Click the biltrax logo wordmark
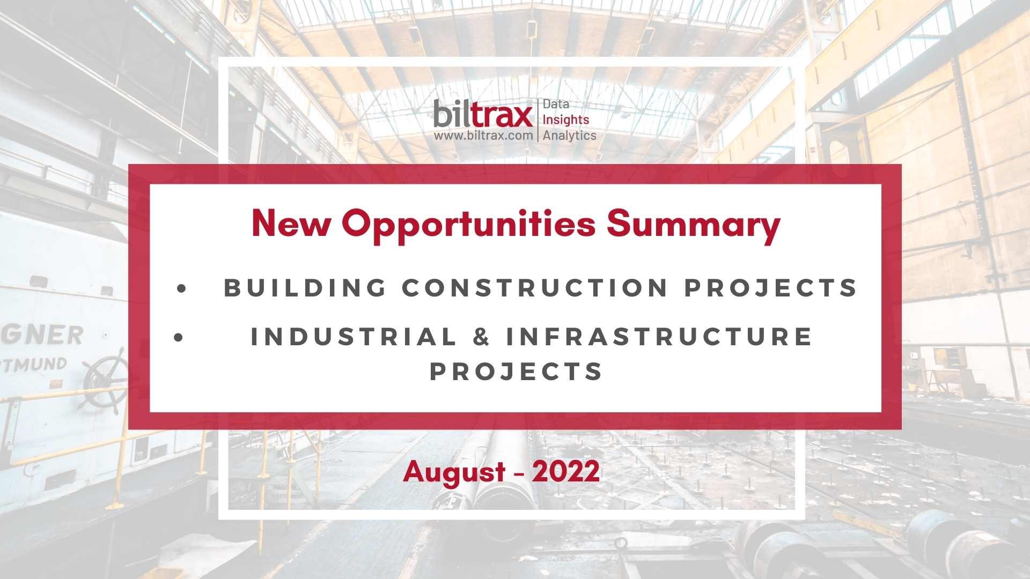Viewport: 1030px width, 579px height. [x=483, y=114]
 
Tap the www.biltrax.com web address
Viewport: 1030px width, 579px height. [x=483, y=136]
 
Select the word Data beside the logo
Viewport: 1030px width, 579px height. [x=556, y=104]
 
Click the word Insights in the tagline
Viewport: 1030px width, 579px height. [x=566, y=120]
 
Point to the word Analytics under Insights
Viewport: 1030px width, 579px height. [x=569, y=136]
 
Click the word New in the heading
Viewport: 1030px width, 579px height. [x=291, y=223]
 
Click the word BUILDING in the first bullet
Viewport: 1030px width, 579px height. [x=305, y=287]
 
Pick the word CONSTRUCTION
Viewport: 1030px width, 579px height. [x=535, y=287]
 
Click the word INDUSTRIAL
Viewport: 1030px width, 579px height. [x=354, y=337]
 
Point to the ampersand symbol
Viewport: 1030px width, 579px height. [x=482, y=337]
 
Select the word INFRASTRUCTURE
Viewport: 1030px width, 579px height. [x=659, y=337]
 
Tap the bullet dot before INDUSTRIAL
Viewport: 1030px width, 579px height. [x=179, y=338]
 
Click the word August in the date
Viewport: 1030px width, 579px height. [x=454, y=472]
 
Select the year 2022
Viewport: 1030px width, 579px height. [x=565, y=471]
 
